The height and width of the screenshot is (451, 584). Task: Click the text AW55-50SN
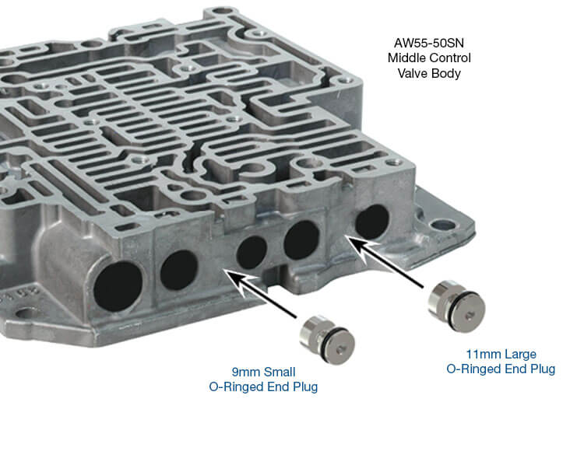coord(429,43)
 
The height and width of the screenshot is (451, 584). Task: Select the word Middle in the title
coord(405,58)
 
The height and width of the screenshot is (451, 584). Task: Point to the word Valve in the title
coord(412,73)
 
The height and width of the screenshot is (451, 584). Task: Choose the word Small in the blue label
coord(280,372)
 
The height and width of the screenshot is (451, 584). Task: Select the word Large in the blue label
coord(519,355)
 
